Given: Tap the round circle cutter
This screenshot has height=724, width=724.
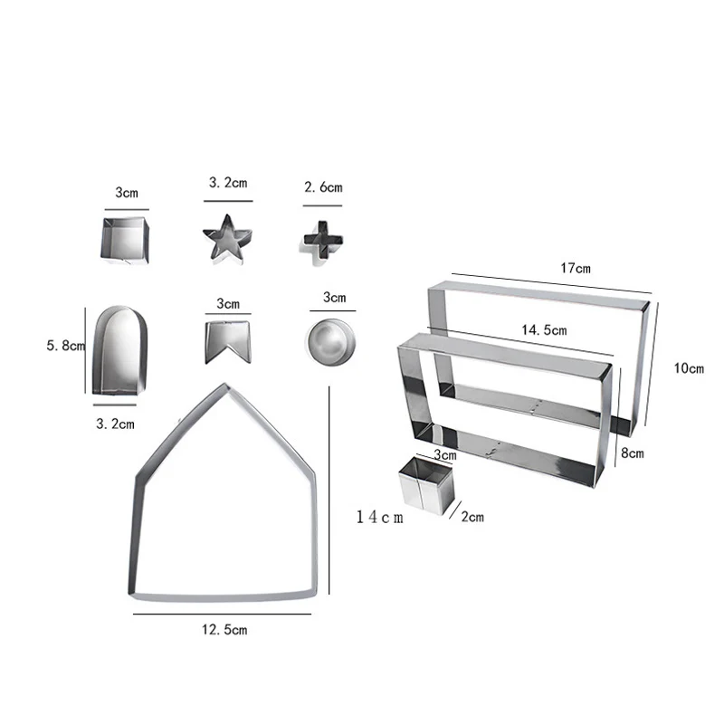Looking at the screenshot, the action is (x=331, y=342).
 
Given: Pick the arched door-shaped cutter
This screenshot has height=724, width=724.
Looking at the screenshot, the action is (x=120, y=350).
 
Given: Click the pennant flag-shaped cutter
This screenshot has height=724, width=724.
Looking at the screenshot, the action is (x=228, y=342).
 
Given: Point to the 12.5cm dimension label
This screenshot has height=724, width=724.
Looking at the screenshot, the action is (x=224, y=630).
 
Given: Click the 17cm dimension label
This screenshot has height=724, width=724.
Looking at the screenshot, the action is (x=576, y=268).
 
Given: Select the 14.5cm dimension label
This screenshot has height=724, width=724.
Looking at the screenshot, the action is (x=544, y=330).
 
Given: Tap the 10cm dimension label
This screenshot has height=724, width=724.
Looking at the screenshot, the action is (x=689, y=368).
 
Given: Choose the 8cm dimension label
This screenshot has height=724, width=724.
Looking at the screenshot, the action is (x=632, y=453).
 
